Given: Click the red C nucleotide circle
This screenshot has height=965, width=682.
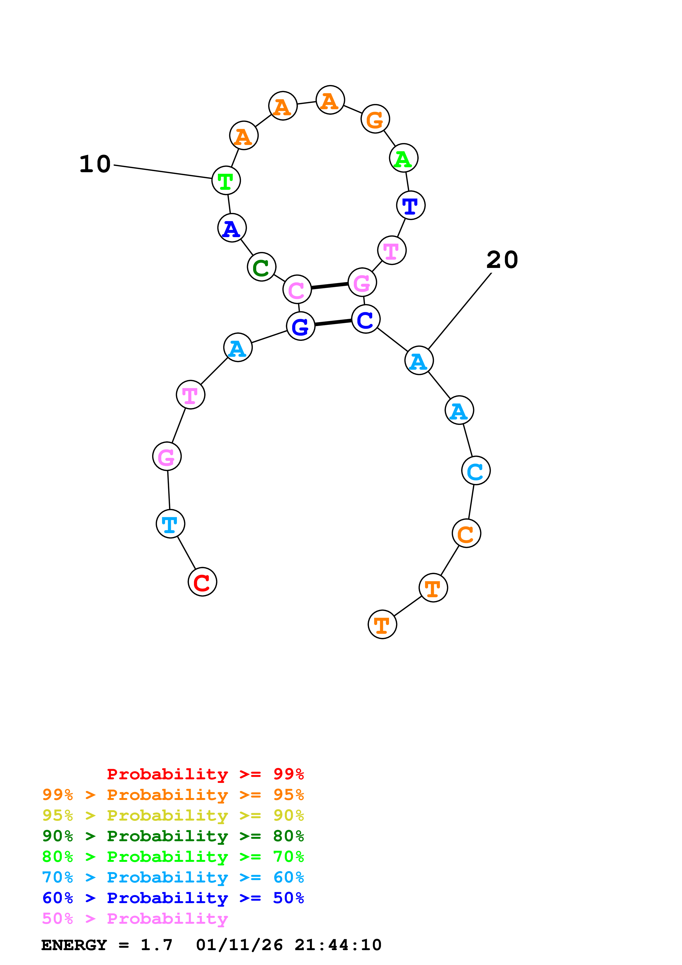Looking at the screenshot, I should tap(202, 582).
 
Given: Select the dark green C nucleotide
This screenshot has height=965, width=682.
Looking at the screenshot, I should tap(261, 267).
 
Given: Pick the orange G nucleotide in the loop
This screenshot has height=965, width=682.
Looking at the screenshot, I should tap(375, 119).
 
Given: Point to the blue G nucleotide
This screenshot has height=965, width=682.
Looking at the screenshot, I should tap(300, 326).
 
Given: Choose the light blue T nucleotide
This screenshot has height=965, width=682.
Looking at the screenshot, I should tap(170, 524).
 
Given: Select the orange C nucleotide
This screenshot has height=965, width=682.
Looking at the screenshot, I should tap(466, 533).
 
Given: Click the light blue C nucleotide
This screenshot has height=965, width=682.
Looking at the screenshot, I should tap(476, 471).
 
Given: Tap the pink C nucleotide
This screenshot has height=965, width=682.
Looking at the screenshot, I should tap(297, 290).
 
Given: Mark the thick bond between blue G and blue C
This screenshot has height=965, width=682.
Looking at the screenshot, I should tap(333, 323).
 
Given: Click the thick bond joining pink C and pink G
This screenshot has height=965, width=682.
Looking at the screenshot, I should tap(329, 286).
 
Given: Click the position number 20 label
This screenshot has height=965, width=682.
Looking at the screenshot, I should tap(502, 260).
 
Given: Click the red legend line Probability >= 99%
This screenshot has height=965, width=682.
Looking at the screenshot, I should tap(205, 774).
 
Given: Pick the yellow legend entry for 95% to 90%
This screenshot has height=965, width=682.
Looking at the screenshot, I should tap(173, 815).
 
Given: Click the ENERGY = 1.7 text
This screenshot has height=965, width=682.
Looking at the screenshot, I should tap(107, 945).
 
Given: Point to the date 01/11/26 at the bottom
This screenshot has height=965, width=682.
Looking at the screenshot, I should tap(239, 945).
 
